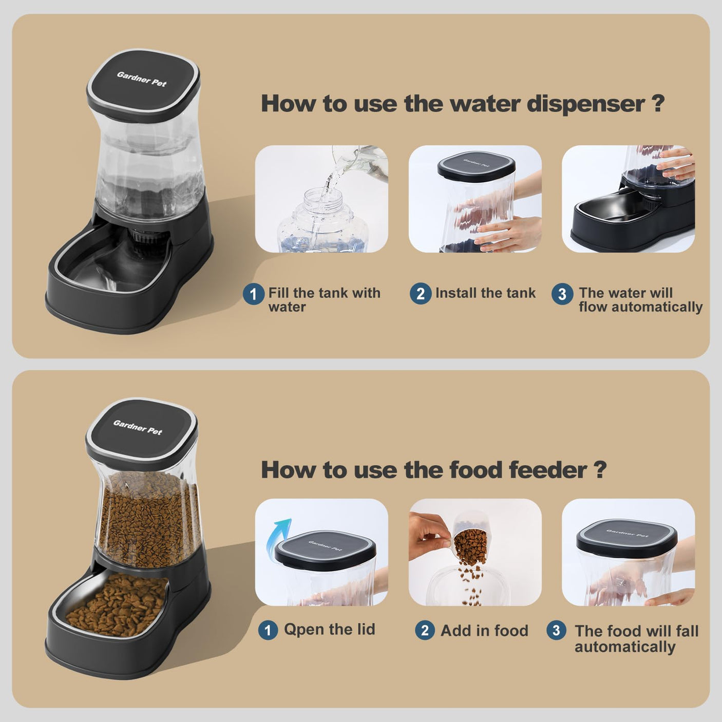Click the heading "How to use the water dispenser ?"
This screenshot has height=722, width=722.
(x=462, y=104)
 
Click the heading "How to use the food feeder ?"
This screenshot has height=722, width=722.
(x=433, y=470)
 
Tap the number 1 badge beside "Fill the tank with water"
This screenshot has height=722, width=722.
(x=253, y=294)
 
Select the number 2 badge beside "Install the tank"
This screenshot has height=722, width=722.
(x=421, y=294)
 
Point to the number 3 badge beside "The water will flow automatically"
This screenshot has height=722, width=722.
(x=562, y=294)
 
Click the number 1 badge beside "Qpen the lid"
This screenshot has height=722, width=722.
(x=268, y=630)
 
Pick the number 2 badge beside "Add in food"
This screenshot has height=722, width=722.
(x=425, y=630)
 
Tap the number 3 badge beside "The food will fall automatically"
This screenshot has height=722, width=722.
(x=556, y=630)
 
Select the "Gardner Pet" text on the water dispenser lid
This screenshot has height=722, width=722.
(x=142, y=79)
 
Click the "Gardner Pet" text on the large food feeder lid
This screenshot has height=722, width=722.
(x=138, y=427)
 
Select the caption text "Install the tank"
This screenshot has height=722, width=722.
(x=485, y=293)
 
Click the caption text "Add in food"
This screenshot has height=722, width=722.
(x=484, y=631)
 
